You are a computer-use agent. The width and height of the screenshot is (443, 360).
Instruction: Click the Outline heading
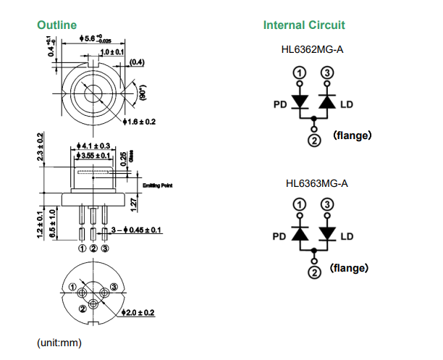coord(56,25)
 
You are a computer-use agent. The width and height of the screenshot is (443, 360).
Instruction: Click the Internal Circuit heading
coord(304,25)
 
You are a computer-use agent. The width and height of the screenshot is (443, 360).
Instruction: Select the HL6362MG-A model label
coord(313,51)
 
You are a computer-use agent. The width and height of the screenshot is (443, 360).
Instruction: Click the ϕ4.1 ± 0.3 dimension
coord(92,147)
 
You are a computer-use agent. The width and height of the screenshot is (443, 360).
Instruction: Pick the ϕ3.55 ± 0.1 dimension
coord(92,156)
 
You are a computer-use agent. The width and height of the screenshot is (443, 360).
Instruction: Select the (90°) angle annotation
coord(143,92)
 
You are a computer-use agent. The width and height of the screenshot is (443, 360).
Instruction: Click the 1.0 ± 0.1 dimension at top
coord(112,52)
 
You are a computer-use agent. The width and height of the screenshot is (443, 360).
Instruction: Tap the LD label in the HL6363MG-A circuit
coord(347,236)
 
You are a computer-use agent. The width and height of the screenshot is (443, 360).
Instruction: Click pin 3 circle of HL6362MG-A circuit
coord(327,73)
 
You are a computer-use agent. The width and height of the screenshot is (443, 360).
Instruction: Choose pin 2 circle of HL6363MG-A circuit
coord(313,272)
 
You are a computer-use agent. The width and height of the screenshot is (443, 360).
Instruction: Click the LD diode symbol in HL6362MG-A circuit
coord(327,103)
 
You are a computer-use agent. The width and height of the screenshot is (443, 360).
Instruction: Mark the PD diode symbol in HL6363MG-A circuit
coord(299,234)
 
